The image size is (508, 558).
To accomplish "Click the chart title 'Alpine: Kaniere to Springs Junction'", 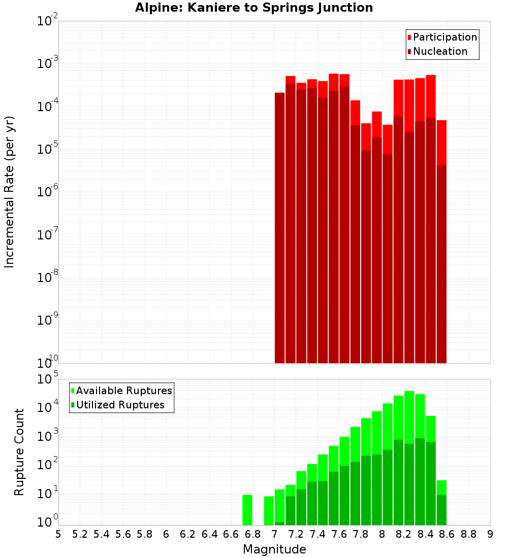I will tap(254, 8).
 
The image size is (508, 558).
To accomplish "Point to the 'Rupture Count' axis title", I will tap(19, 451).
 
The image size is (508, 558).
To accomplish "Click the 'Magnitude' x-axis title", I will tap(274, 549).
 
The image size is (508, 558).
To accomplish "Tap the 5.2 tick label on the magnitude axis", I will tap(80, 534).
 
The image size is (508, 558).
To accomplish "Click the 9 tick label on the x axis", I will tap(490, 534).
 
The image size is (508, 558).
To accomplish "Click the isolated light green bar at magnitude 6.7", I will tap(247, 510).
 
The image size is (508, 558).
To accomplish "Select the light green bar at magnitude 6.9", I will tap(269, 510).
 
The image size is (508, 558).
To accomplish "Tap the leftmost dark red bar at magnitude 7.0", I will tap(279, 228).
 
